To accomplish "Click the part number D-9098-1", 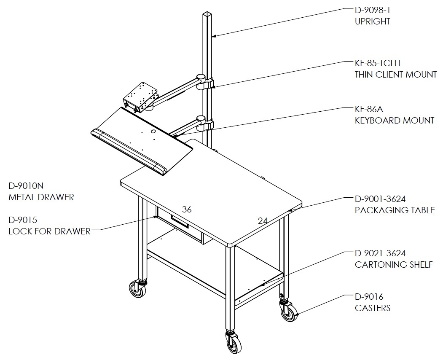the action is coord(372,10).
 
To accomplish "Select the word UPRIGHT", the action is coord(372,21).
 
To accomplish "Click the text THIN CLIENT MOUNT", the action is coord(396,75).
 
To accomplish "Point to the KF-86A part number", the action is coord(369,109).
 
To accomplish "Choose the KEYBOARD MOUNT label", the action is coord(395,121).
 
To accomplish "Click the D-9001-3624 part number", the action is coord(380,199).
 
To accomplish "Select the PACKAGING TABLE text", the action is coord(395,210).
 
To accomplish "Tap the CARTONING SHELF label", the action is coord(394,264).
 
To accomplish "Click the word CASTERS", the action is coord(372,308).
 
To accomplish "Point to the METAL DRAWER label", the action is coord(41,197).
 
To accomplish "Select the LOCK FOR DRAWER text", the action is coord(49,231).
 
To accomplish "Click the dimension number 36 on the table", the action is coord(187,210).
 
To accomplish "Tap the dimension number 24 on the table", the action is coord(263,221).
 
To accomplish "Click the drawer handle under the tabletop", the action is coord(180,221).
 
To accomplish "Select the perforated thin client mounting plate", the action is coord(141,97).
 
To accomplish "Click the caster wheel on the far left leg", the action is coord(137,289).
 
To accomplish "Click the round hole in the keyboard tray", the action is coord(153,132).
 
